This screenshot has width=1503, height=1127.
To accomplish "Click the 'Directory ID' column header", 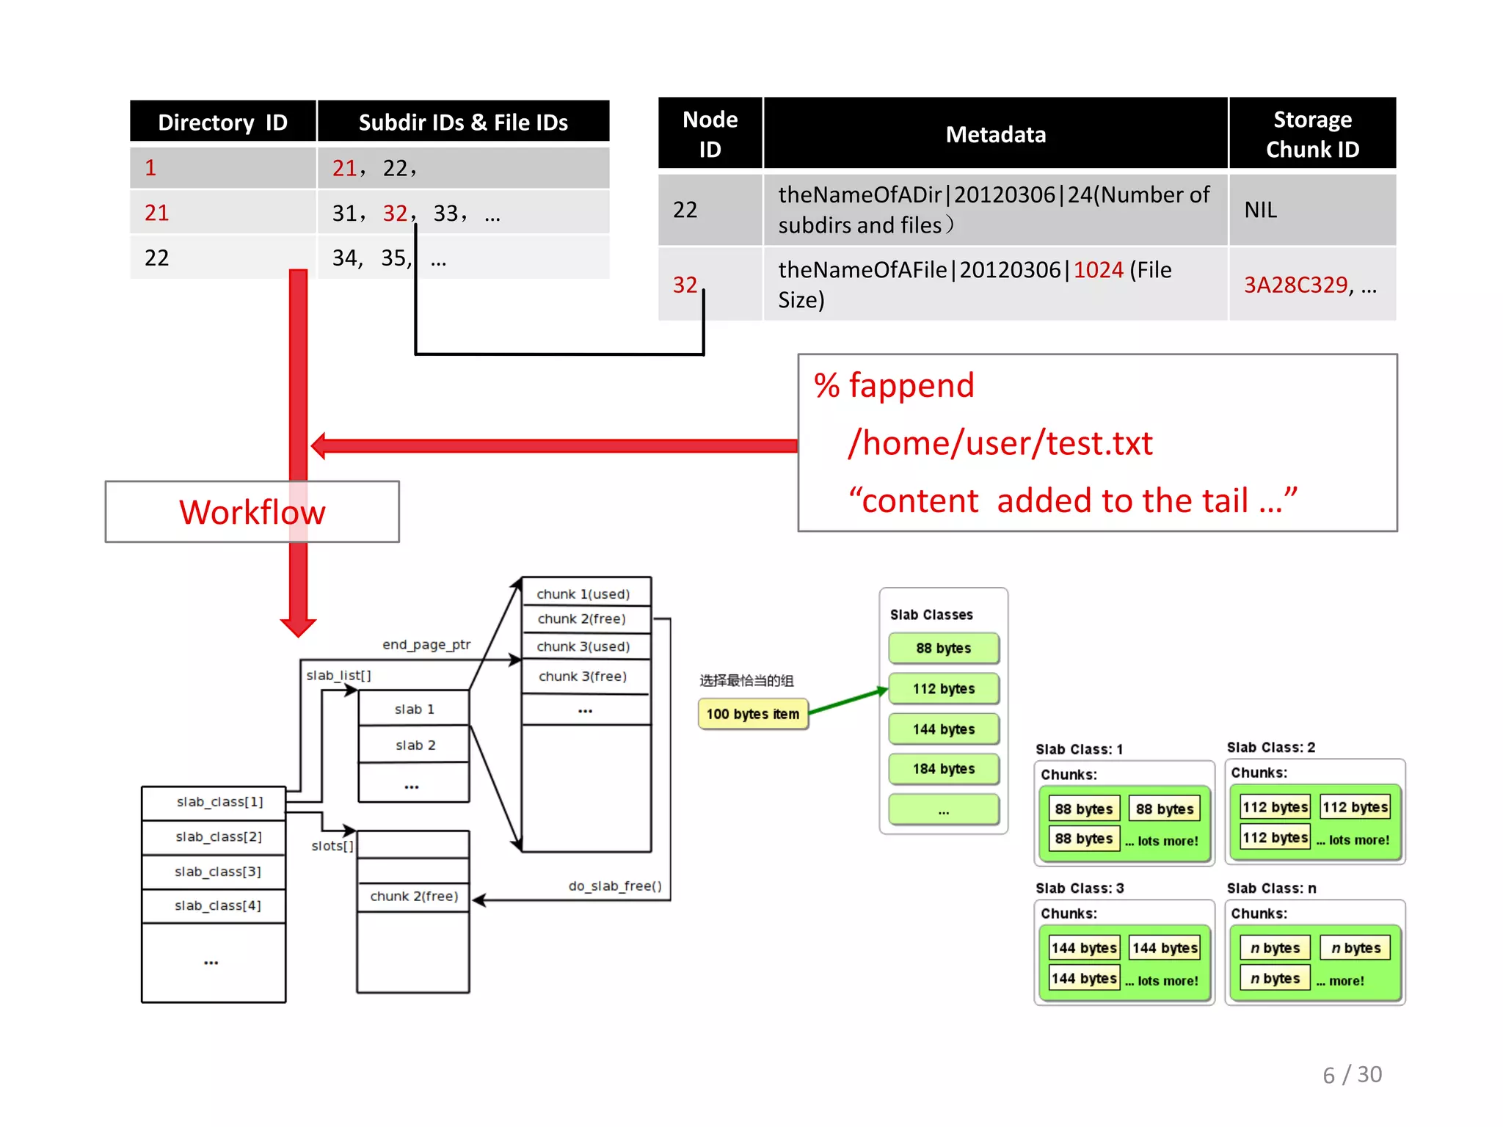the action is (222, 122).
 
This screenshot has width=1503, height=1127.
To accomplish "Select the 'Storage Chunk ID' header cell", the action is (1312, 134).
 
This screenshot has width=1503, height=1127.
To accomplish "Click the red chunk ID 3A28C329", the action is (1295, 285).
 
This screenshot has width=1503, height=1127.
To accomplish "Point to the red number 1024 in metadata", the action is (1098, 270).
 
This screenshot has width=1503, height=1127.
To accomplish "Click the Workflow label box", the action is (252, 512).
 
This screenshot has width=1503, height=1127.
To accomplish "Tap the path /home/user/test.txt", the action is (1000, 443).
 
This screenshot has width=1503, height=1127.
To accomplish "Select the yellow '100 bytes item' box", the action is (752, 714).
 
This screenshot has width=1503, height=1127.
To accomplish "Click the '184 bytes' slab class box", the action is (943, 769).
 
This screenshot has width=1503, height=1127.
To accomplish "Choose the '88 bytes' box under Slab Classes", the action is (943, 648).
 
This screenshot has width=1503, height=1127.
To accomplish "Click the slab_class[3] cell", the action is (217, 872).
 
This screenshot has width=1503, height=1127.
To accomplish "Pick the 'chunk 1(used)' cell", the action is (583, 594).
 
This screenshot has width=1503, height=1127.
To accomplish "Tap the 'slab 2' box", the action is (415, 745).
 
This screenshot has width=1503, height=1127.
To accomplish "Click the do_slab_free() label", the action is (615, 886).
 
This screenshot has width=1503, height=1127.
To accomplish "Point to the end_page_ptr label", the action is (426, 644).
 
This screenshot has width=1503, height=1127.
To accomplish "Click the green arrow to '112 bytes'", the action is (848, 701).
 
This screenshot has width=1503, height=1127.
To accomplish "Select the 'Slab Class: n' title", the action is (1271, 888).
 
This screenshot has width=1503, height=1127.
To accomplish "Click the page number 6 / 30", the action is (1352, 1074).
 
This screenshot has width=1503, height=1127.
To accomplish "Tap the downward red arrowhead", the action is (298, 626).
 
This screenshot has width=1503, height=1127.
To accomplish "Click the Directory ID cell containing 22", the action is (156, 258).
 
